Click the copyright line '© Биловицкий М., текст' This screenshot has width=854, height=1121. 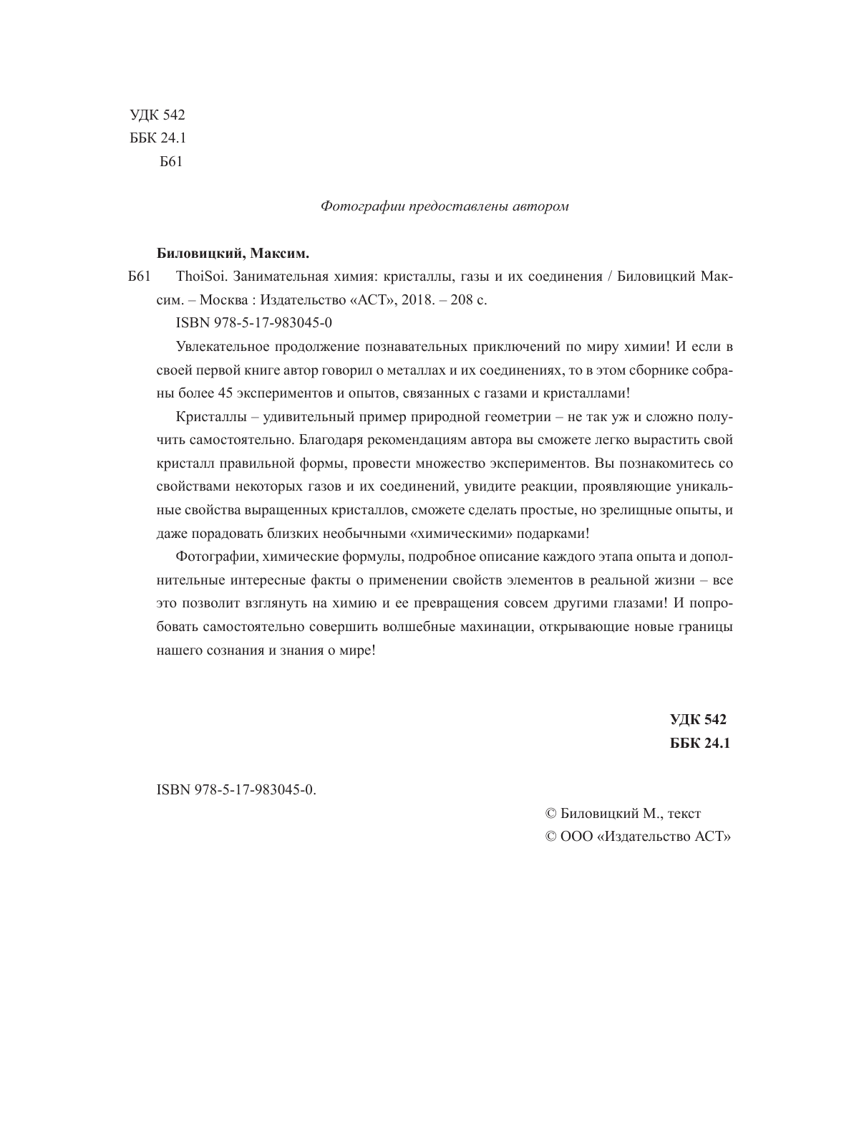623,813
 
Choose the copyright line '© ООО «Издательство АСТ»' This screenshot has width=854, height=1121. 638,836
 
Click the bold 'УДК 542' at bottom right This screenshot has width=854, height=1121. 698,720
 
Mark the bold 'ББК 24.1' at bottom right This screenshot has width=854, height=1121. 699,743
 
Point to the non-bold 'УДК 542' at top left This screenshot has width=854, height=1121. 157,115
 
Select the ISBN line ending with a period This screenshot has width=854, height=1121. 236,790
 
